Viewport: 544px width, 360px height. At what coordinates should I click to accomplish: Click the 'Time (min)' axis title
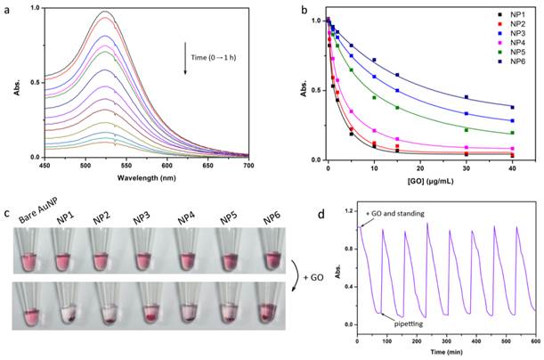[446, 353]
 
